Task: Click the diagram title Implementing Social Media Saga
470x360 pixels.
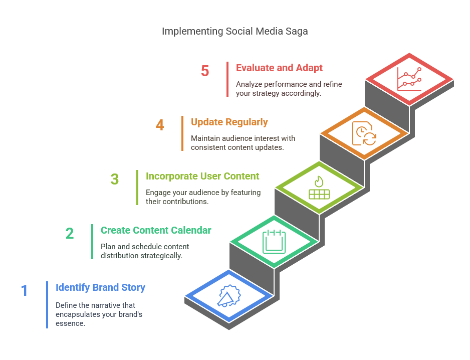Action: (x=234, y=31)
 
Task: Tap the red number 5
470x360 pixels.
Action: (x=205, y=71)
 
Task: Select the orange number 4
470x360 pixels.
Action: (x=160, y=125)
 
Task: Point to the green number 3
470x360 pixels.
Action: (x=115, y=179)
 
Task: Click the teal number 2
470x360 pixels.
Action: (x=70, y=234)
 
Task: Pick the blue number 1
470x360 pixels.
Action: (x=25, y=291)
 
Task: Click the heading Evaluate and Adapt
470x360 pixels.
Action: (x=279, y=68)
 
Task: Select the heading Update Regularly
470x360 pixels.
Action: (x=229, y=122)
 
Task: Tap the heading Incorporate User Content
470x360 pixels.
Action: (x=202, y=176)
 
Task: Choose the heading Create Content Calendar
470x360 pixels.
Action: (x=156, y=230)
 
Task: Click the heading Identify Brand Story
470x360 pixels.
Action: (x=100, y=287)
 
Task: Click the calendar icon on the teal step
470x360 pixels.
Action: (x=274, y=241)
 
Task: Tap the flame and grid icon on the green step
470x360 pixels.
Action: (x=319, y=188)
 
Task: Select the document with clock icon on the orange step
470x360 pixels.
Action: (x=364, y=133)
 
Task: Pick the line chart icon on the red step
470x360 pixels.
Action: (x=409, y=79)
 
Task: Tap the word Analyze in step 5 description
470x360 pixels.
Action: (x=249, y=84)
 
